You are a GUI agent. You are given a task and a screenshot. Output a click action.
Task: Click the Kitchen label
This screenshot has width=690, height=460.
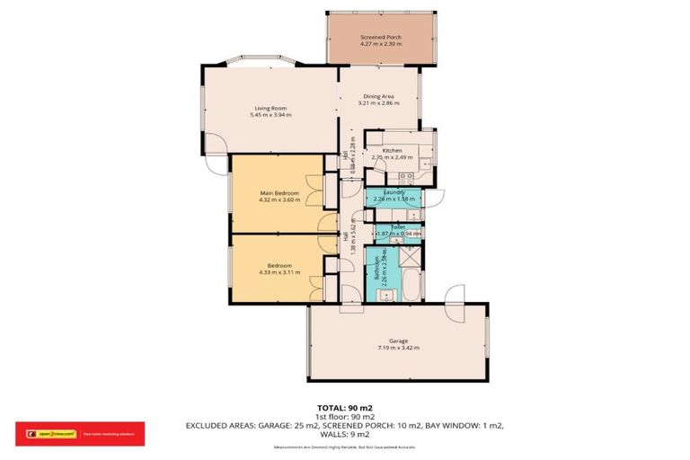391,150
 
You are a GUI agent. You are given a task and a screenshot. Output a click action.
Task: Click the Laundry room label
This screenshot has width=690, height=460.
393,192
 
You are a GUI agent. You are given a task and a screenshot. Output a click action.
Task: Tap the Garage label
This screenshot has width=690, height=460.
399,341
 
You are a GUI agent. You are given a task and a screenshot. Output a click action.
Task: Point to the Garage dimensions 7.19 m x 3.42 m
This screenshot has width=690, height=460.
399,348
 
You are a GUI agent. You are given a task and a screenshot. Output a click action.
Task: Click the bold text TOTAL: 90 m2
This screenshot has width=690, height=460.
344,407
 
